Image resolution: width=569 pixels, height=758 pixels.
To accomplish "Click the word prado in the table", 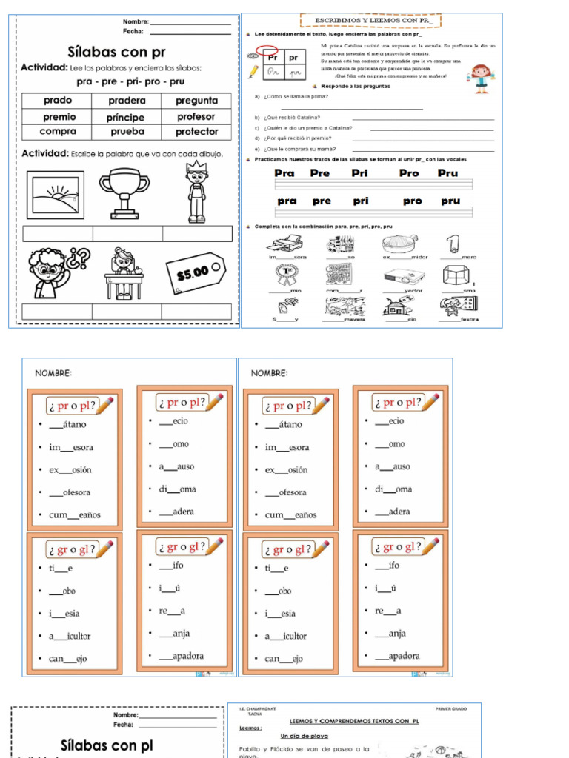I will [x=57, y=101].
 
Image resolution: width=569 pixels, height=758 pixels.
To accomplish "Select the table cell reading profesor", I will [x=196, y=117].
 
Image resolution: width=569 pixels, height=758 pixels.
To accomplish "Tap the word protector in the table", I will [x=196, y=132].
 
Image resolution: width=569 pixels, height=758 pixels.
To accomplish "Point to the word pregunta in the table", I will [x=196, y=101].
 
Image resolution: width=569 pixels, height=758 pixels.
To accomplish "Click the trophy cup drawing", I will [x=124, y=192].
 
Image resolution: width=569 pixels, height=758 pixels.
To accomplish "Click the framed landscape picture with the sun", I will [x=56, y=195].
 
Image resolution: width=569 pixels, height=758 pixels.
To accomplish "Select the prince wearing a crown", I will [x=196, y=192].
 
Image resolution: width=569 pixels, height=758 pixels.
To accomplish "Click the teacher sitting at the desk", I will [x=123, y=273].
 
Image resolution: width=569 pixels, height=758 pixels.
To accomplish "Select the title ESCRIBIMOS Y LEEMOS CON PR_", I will [x=370, y=20].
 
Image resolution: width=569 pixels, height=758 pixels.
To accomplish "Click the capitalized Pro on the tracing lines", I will [x=408, y=173].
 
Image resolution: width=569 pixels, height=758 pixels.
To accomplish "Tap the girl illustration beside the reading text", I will [x=481, y=76].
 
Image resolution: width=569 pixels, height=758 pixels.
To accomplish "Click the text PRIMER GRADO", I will [x=451, y=709].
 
